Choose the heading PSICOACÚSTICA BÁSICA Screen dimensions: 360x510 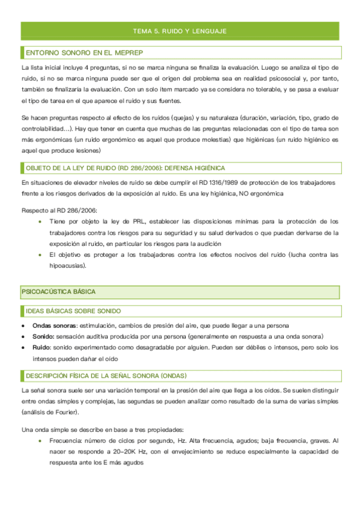tap(58, 292)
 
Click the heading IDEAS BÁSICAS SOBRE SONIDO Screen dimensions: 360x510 tap(73, 311)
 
